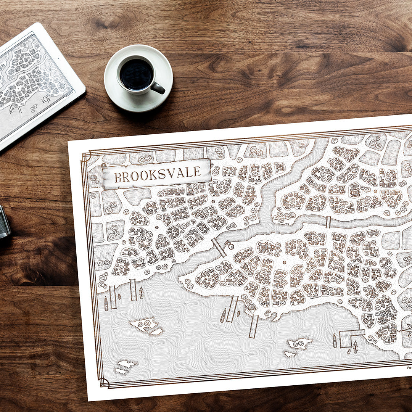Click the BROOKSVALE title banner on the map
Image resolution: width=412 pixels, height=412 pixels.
157,174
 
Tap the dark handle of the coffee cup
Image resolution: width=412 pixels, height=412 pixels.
158,89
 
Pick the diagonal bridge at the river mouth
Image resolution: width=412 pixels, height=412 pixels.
219,247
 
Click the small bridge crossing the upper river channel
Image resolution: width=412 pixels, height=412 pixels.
328,222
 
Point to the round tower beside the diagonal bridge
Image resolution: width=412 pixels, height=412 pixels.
231,246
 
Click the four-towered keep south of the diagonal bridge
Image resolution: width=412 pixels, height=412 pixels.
265,247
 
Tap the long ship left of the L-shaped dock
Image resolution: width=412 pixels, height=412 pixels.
335,340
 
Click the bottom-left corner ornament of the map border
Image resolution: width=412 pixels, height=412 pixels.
103,382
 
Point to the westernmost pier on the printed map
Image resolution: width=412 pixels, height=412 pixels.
113,297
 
